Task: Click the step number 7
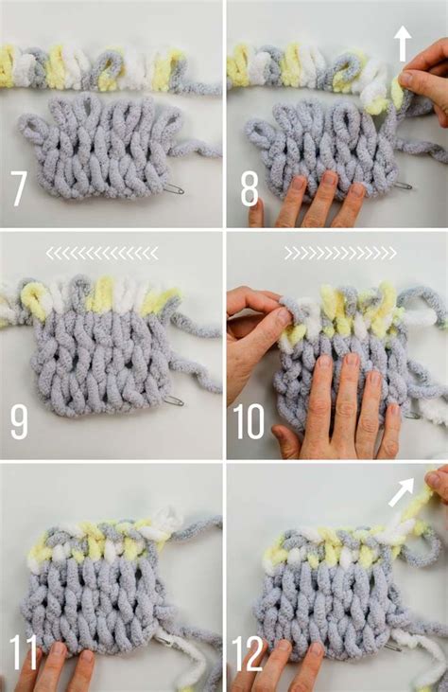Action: pyautogui.click(x=19, y=187)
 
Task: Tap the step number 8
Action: pyautogui.click(x=250, y=187)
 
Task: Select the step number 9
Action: pyautogui.click(x=19, y=421)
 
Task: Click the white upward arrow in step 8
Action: pyautogui.click(x=402, y=43)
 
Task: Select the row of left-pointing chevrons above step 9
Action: pyautogui.click(x=102, y=253)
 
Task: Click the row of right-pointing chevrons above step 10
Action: pyautogui.click(x=340, y=253)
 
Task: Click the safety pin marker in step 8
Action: pyautogui.click(x=402, y=186)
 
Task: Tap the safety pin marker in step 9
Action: pyautogui.click(x=171, y=401)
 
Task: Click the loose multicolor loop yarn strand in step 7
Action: pyautogui.click(x=104, y=68)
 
